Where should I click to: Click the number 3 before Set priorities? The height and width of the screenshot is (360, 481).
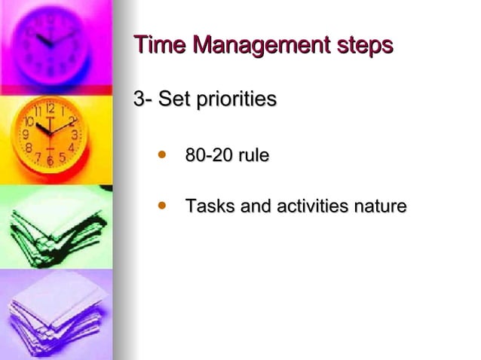(x=139, y=99)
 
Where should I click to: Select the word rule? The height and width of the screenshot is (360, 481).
(x=253, y=157)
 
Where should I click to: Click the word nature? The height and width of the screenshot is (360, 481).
(x=381, y=206)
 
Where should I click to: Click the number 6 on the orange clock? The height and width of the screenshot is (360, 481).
(x=50, y=161)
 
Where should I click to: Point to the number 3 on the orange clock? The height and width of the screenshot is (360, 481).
(x=75, y=135)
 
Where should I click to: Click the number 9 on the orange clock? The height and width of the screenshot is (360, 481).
(x=26, y=136)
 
